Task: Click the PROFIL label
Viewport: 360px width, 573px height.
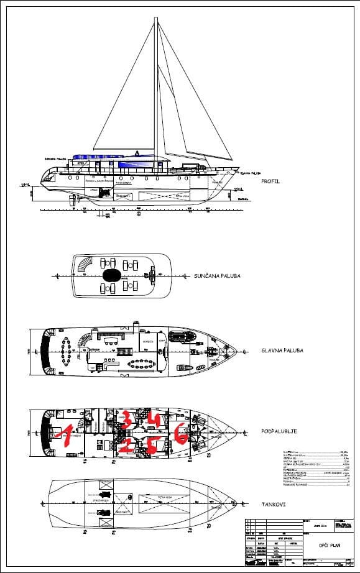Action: click(272, 181)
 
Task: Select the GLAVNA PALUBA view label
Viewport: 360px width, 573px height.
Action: click(283, 351)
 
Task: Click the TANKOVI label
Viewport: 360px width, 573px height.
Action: click(274, 504)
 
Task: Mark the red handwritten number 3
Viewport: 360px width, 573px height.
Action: click(126, 418)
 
